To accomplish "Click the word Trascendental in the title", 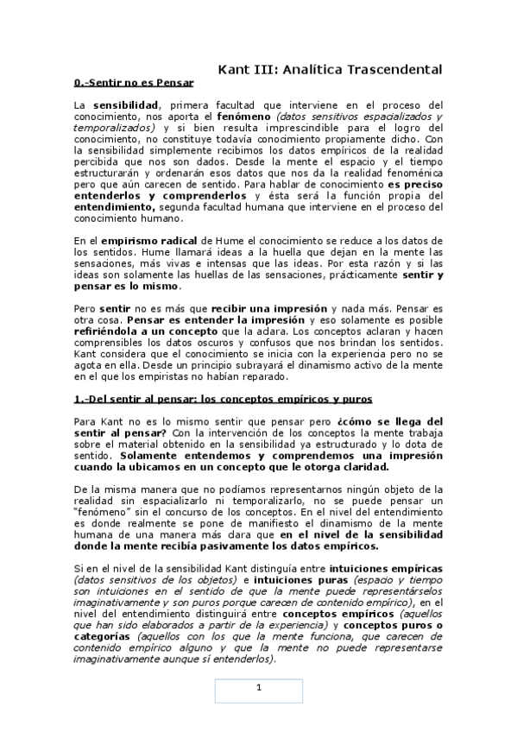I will (397, 69).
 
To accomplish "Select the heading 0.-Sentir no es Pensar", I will (133, 84).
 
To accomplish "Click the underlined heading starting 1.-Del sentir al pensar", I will (224, 400).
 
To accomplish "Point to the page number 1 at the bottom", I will (258, 688).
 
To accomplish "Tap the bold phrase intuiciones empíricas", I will (389, 570).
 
